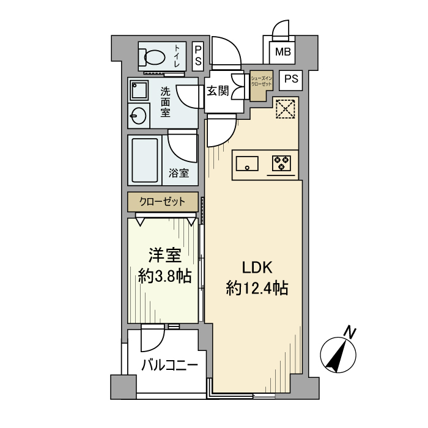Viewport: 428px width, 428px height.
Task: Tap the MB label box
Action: (x=282, y=52)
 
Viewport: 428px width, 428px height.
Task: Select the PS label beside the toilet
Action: (x=198, y=55)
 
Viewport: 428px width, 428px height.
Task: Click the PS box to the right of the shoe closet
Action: (x=292, y=79)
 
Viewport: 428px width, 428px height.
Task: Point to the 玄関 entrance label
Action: (x=217, y=91)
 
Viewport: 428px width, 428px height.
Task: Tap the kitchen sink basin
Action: (x=246, y=163)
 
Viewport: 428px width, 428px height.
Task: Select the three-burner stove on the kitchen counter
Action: (x=281, y=163)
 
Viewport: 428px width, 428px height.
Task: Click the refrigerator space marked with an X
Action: (x=284, y=110)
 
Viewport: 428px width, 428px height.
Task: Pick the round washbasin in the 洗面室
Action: (x=138, y=116)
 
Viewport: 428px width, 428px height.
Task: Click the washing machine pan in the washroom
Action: (x=139, y=90)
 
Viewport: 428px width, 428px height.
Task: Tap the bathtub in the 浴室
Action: (x=144, y=160)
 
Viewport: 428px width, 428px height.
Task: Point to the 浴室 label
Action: (x=179, y=173)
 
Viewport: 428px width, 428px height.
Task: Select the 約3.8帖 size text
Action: (x=164, y=276)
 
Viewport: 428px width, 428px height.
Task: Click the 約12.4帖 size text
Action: (x=257, y=287)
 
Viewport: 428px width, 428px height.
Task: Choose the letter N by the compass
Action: (x=350, y=332)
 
